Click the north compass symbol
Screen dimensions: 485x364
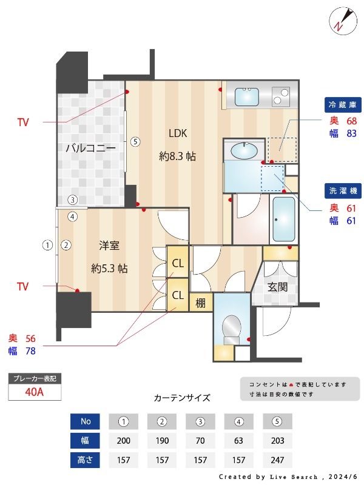342,20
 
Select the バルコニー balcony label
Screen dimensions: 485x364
90,148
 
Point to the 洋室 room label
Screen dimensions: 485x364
109,246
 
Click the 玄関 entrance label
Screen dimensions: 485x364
277,287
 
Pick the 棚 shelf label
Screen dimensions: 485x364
200,301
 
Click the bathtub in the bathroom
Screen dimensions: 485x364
283,220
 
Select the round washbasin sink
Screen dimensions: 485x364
244,149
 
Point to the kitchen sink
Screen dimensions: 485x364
247,96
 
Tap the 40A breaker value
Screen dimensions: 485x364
35,392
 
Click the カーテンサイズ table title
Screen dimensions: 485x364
182,398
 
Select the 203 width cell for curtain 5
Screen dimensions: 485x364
277,441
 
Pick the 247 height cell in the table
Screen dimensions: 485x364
277,460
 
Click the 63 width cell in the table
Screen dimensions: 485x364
238,441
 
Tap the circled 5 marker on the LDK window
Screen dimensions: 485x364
136,142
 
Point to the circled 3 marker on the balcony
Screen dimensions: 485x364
72,199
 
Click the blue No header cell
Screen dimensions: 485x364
85,421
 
